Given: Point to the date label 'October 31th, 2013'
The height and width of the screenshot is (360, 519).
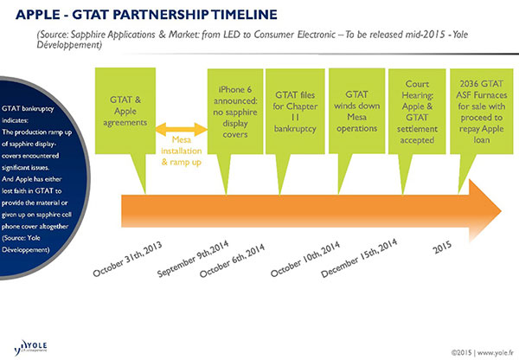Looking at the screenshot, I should tap(130, 255).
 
